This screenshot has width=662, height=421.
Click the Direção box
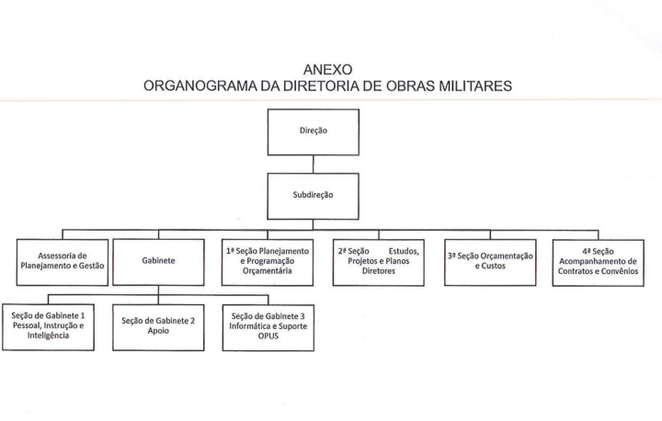click(x=314, y=132)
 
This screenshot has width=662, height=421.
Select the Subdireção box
click(x=313, y=197)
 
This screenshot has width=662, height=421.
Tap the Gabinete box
click(x=158, y=262)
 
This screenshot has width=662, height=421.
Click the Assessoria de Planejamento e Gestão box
click(x=63, y=262)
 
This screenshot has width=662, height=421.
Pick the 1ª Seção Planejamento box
click(x=268, y=262)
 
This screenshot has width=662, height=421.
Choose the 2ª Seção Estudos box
click(x=378, y=262)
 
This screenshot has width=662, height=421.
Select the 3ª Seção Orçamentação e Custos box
click(x=490, y=262)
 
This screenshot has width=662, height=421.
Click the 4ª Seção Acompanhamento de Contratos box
click(x=599, y=263)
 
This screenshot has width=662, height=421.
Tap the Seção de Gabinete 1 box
click(x=48, y=327)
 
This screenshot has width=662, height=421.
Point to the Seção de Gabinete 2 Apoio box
click(x=158, y=327)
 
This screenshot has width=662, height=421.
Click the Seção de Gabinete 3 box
click(x=268, y=327)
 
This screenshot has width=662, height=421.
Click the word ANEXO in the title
click(x=327, y=69)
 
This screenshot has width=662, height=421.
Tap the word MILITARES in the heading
click(x=475, y=85)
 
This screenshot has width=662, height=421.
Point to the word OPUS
click(x=268, y=336)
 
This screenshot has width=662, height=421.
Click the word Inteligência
click(x=48, y=336)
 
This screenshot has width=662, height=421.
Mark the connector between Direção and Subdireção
click(x=314, y=165)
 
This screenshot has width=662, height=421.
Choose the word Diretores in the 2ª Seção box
click(x=378, y=271)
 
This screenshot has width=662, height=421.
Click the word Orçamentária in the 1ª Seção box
click(x=268, y=271)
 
